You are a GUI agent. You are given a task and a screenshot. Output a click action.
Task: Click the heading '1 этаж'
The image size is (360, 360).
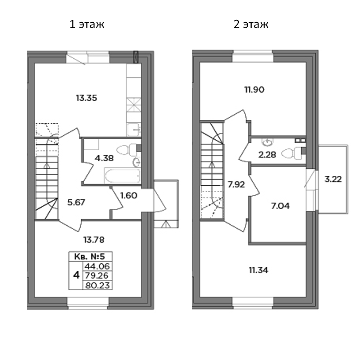(87, 24)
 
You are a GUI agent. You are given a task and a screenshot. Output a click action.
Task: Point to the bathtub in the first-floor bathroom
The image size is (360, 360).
(121, 176)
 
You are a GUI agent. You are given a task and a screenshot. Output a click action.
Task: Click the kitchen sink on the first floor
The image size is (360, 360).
(134, 129)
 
